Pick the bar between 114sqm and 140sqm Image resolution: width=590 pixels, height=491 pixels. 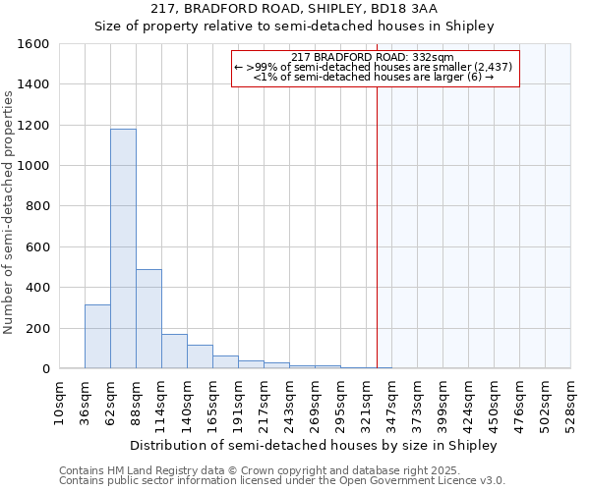pos(174,352)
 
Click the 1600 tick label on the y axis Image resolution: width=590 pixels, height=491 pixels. pos(34,44)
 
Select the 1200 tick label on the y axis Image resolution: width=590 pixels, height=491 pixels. pos(34,126)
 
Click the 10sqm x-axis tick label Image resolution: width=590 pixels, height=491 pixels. pos(60,402)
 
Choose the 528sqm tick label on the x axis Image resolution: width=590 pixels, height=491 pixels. pos(571,402)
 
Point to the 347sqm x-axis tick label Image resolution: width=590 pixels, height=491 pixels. pos(392,402)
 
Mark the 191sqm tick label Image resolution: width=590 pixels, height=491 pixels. pos(239,402)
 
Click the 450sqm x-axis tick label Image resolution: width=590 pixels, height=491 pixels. pos(495,402)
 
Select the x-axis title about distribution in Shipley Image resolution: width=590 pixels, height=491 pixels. pos(314,445)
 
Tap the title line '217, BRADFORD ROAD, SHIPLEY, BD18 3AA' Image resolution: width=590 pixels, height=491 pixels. pos(295,9)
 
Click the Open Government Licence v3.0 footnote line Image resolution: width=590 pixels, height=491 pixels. pos(282,481)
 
